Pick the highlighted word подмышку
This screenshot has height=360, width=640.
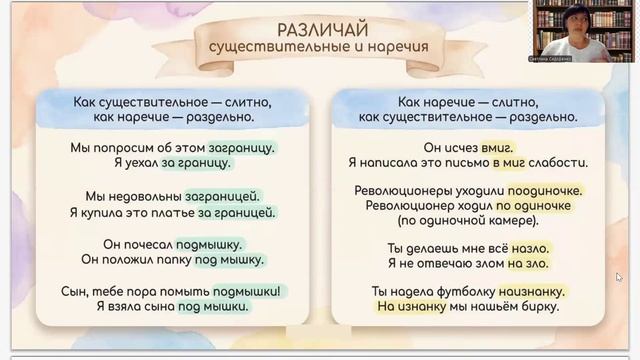(209, 244)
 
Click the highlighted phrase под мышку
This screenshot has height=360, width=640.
(233, 260)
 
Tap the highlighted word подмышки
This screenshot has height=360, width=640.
(249, 292)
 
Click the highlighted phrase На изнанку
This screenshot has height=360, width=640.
(384, 309)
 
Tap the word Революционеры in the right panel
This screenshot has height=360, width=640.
(402, 190)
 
